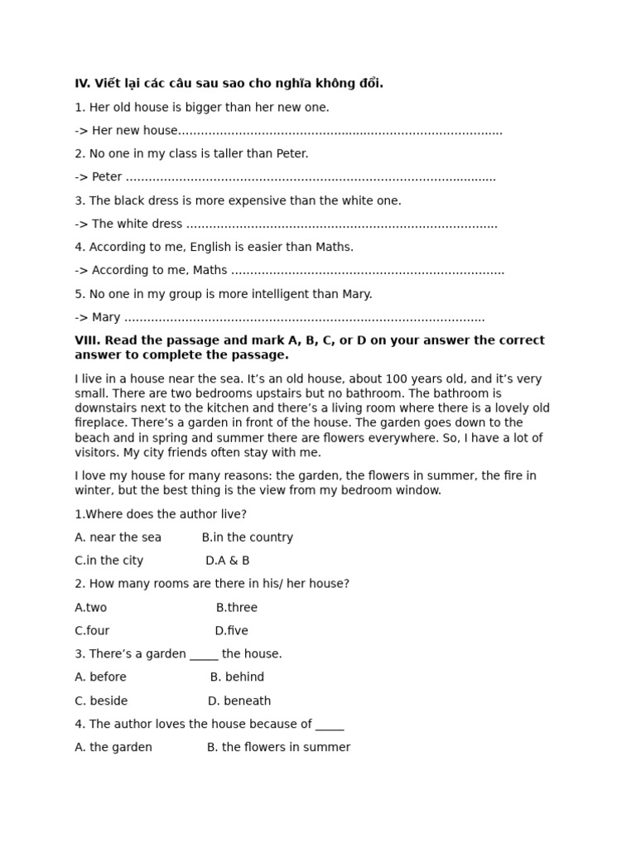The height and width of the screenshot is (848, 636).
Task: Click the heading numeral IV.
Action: [82, 84]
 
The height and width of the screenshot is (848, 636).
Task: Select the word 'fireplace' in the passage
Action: [102, 423]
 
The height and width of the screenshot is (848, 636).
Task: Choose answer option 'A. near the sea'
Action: [118, 537]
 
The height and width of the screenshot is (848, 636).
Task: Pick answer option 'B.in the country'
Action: [248, 537]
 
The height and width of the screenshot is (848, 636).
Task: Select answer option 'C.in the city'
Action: [109, 561]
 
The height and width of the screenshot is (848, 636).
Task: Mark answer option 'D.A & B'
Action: [228, 561]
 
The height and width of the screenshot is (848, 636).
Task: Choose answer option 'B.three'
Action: [237, 607]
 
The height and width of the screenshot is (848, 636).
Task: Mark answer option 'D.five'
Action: [232, 630]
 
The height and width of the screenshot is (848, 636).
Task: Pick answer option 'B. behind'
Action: [238, 677]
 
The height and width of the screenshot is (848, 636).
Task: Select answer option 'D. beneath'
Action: [239, 701]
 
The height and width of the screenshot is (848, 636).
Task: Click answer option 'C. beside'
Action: [101, 701]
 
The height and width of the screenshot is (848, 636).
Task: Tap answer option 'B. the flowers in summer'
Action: [278, 747]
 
